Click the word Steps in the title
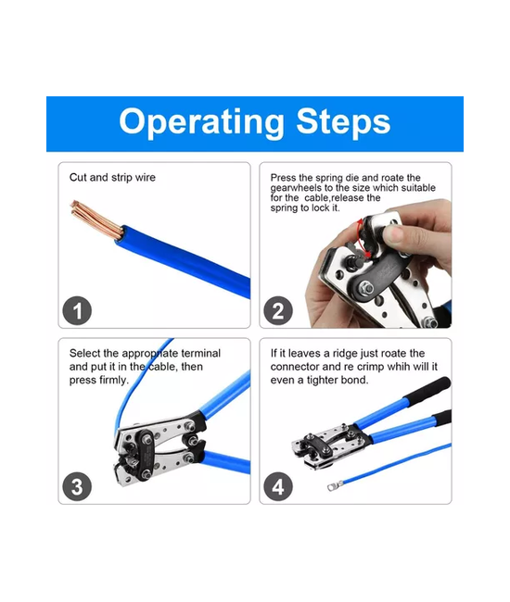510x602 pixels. [x=343, y=121]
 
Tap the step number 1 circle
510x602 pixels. [x=77, y=310]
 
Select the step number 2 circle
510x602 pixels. [x=278, y=310]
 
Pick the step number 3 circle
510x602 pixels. [x=77, y=486]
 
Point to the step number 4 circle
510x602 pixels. [x=278, y=486]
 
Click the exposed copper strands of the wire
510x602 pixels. [x=96, y=219]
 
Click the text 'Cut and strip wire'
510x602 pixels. [x=112, y=178]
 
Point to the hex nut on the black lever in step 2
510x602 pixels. [x=365, y=287]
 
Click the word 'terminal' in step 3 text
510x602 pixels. [x=200, y=353]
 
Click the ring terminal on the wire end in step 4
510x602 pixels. [x=335, y=486]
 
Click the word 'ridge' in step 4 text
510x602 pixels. [x=346, y=354]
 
